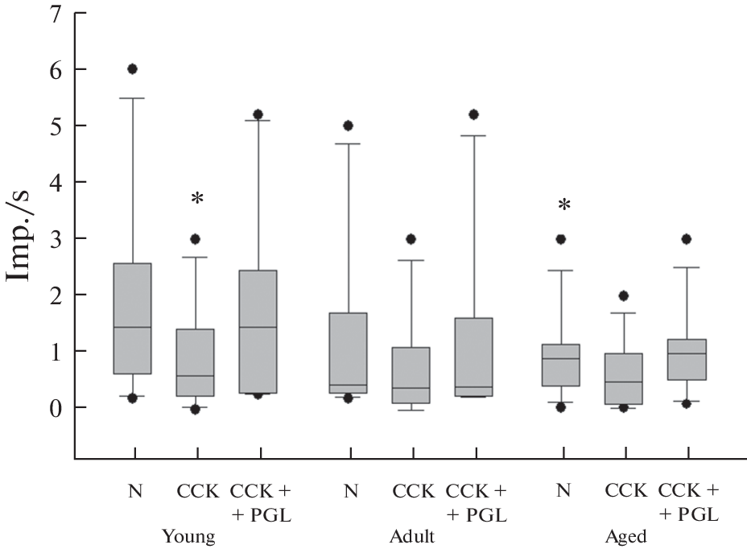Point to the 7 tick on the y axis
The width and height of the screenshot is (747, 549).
[56, 14]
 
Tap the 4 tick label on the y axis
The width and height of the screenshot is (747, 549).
[56, 183]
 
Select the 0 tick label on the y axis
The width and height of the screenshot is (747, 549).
[56, 408]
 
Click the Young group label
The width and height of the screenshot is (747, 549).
[188, 537]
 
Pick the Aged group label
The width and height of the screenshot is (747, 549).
[625, 537]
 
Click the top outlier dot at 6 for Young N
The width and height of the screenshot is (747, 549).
[133, 69]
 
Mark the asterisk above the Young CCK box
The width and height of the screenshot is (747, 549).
[196, 199]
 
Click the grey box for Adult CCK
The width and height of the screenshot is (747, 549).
[411, 375]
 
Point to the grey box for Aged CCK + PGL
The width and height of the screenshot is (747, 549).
[687, 359]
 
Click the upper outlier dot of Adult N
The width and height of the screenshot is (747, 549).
[349, 126]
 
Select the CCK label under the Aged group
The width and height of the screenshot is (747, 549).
[625, 490]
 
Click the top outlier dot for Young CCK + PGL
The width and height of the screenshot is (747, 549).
[258, 114]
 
